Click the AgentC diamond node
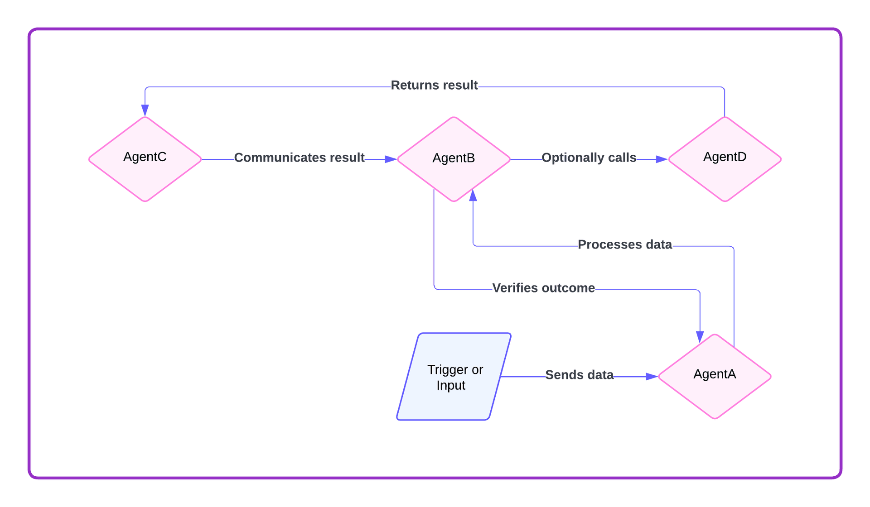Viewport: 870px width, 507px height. click(145, 159)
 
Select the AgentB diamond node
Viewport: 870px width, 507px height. click(454, 159)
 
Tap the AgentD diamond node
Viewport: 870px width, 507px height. click(725, 159)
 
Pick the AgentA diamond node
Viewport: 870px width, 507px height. click(715, 376)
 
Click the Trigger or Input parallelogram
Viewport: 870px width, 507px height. click(454, 377)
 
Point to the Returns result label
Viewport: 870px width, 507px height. click(434, 85)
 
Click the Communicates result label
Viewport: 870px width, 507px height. click(299, 158)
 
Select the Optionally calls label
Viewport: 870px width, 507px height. click(589, 158)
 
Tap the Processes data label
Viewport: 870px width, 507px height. click(624, 244)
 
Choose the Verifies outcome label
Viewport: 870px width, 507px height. click(543, 288)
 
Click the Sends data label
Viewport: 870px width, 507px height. click(579, 375)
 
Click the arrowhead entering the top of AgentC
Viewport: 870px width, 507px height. click(145, 110)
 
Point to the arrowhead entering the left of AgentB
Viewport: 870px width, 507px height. click(391, 159)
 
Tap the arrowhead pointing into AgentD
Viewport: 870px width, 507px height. click(662, 159)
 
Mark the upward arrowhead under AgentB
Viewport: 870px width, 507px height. click(473, 195)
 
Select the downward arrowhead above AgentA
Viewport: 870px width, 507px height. click(700, 337)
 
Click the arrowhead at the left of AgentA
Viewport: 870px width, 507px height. click(652, 377)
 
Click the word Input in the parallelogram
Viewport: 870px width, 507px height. click(451, 385)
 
